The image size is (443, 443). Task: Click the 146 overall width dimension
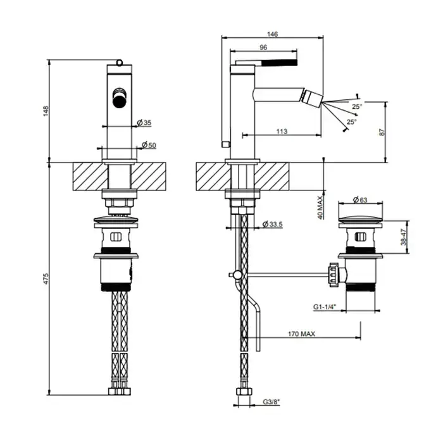272,34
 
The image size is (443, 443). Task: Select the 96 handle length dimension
263,47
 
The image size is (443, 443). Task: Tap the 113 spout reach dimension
282,132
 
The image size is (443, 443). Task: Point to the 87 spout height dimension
382,132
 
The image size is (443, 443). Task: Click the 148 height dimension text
46,111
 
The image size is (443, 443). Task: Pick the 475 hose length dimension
46,278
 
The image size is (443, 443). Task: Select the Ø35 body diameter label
144,123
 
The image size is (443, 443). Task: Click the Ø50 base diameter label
149,145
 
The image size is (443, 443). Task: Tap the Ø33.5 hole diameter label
272,224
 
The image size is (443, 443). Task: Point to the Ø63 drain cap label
360,200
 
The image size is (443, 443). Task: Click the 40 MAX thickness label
320,208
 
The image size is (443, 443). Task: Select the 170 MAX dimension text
301,334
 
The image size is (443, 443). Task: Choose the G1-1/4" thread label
325,307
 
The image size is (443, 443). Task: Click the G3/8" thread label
271,402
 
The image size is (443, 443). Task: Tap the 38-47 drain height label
404,237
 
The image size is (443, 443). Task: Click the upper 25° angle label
357,106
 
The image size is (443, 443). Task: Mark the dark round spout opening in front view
119,101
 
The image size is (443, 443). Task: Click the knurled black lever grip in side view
280,62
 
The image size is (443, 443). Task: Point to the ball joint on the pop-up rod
237,274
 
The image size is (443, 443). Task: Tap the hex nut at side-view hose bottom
244,392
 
